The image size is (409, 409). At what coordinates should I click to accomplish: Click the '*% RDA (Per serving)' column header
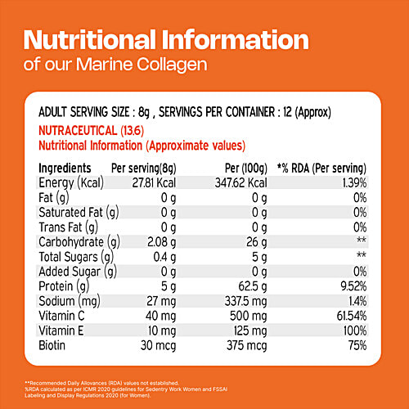point(323,168)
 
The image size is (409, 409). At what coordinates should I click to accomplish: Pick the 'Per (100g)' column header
point(240,168)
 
